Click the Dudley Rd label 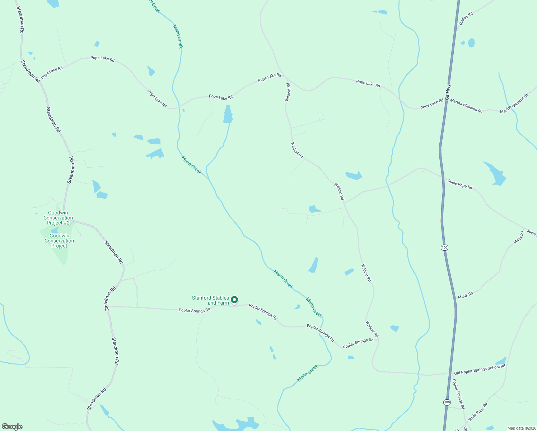coord(466,19)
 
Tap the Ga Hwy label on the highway coord(448,92)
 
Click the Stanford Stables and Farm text coord(210,300)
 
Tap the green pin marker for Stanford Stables coord(234,300)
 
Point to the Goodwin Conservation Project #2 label coord(58,218)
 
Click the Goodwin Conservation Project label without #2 coord(59,241)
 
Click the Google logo coord(12,427)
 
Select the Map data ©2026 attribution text coord(521,428)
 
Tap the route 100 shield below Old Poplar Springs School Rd coord(447,402)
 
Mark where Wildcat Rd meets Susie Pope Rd coord(344,203)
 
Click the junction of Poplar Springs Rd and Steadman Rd coord(108,306)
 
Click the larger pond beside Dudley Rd coord(471,43)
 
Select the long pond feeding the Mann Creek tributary coord(228,114)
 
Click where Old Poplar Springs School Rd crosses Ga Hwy coord(451,374)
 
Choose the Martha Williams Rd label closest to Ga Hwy coord(466,106)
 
